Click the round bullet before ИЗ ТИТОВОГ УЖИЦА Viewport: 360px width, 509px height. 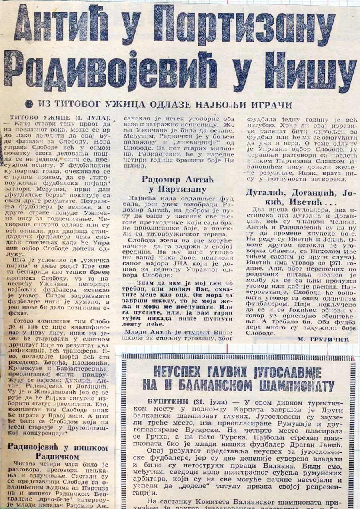click(x=28, y=105)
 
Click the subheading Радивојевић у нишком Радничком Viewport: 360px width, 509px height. click(x=58, y=451)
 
